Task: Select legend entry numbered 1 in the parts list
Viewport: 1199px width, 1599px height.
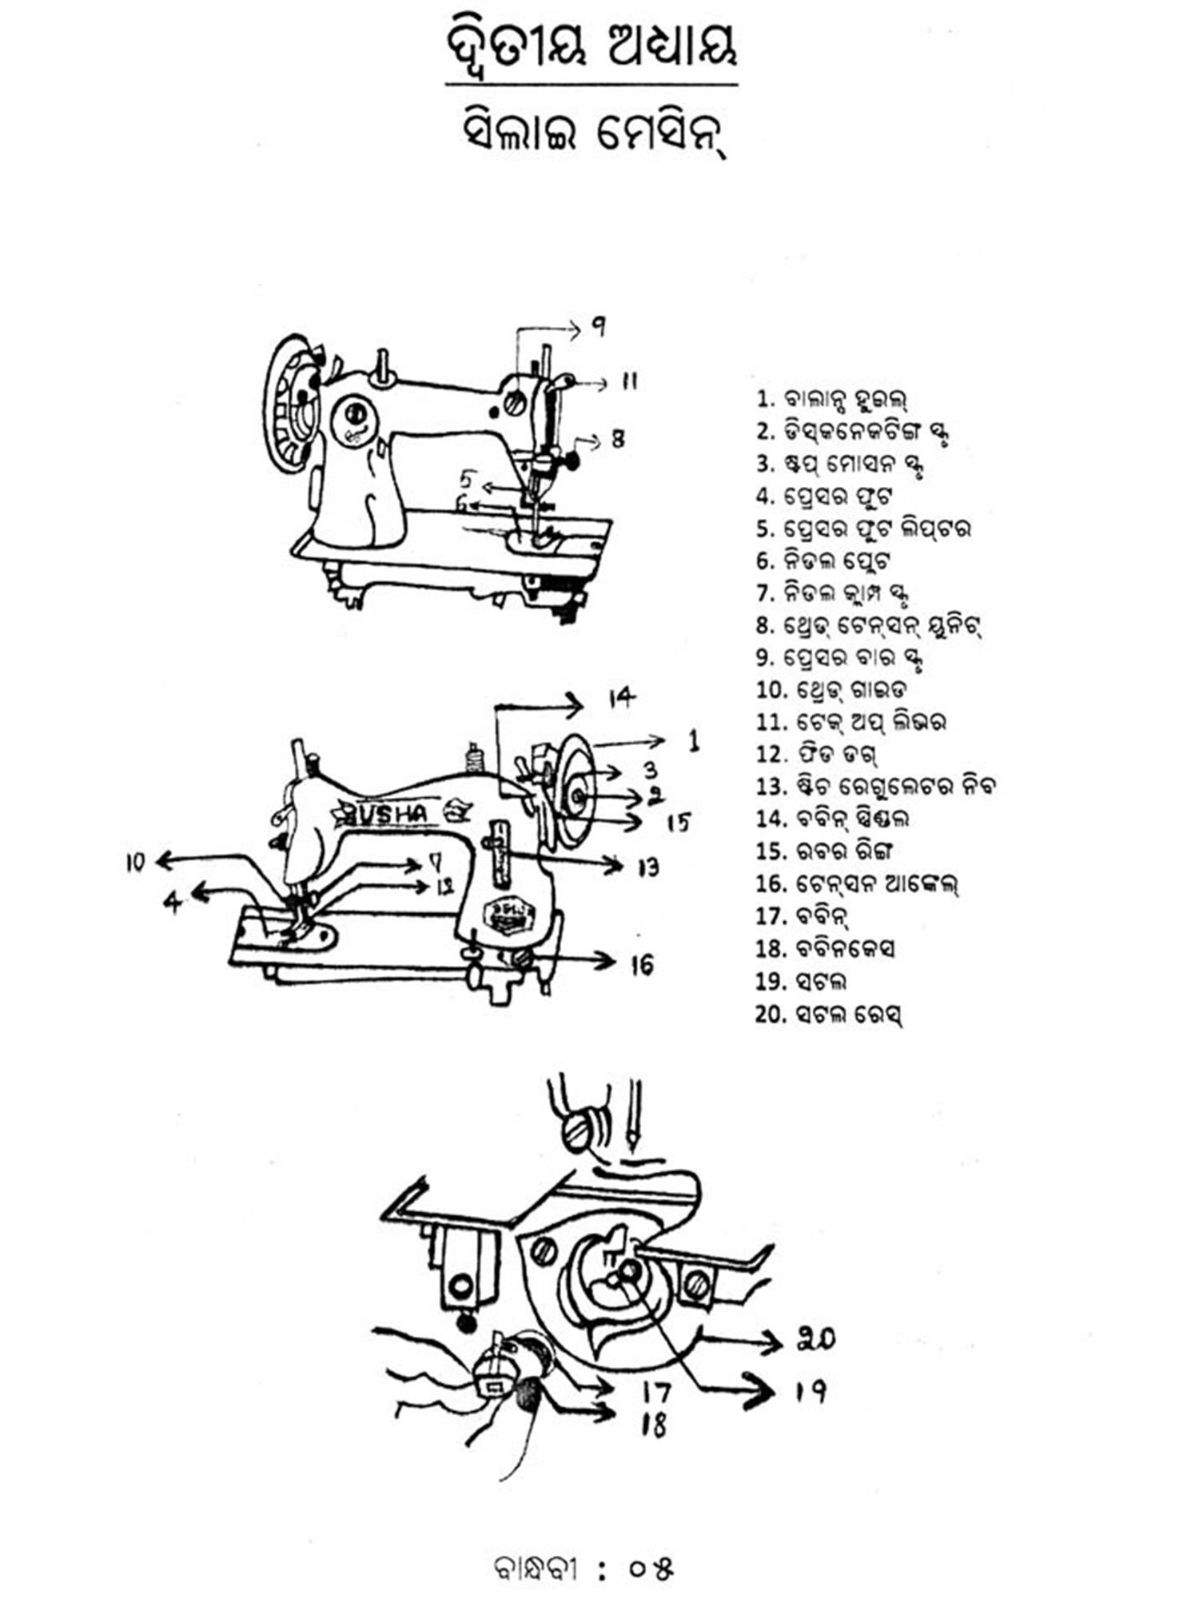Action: [x=831, y=398]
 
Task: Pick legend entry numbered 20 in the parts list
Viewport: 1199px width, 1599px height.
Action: [x=828, y=1015]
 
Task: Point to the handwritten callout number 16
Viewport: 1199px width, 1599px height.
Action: [x=642, y=965]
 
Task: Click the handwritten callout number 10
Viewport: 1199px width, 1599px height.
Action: [x=135, y=863]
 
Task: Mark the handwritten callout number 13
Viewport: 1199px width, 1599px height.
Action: [x=648, y=867]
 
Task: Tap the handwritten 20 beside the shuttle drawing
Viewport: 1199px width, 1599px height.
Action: [x=815, y=1338]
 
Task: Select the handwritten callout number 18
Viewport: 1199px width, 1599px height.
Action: [x=654, y=1426]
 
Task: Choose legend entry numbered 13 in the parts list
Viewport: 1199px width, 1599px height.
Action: [x=875, y=786]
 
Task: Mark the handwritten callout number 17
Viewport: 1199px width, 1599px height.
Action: [x=656, y=1393]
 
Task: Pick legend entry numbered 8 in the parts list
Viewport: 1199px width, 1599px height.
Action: [x=868, y=624]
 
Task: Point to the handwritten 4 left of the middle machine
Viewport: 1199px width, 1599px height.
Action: [x=173, y=902]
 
